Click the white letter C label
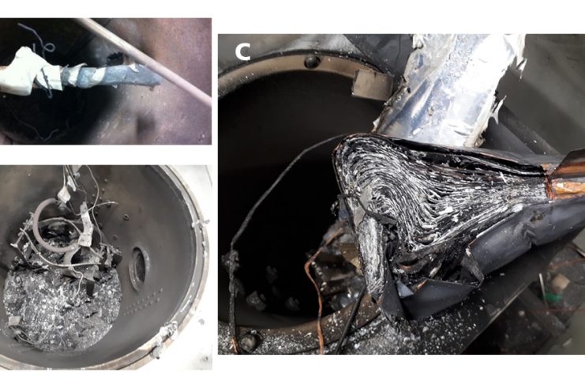point(242,52)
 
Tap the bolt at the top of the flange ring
point(312,62)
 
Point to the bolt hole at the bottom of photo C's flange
point(249,341)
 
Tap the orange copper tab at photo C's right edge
point(566,175)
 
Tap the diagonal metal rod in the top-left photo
point(145,62)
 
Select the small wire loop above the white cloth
point(47,47)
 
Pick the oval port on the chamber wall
point(138,267)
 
